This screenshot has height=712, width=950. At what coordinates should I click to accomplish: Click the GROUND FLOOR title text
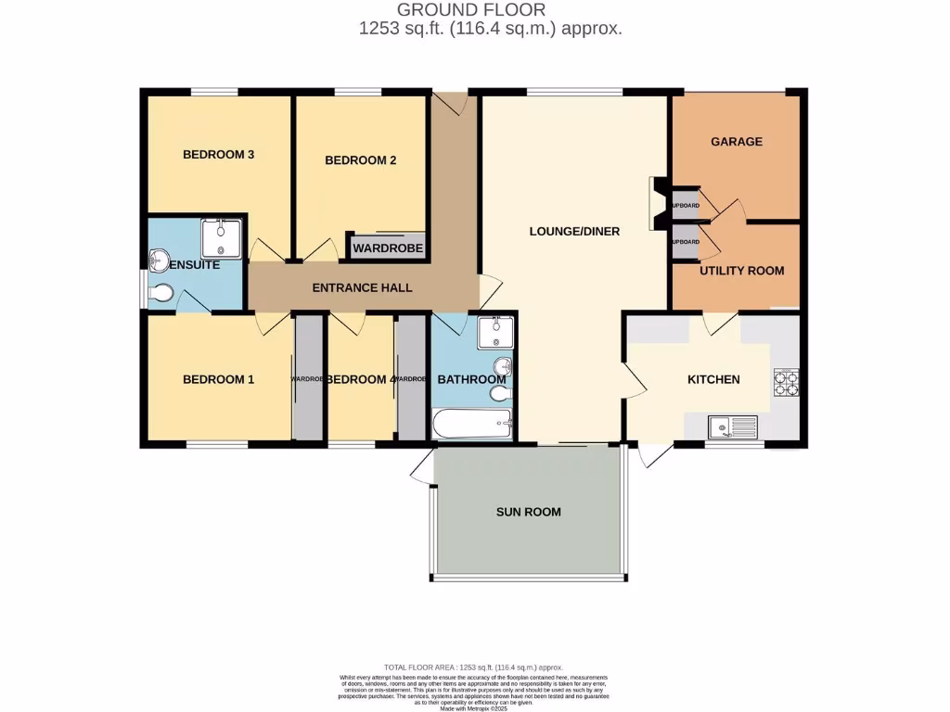coord(471,10)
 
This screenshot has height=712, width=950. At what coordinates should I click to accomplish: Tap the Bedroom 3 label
coord(218,154)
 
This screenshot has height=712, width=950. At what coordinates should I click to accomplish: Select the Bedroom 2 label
coord(360,159)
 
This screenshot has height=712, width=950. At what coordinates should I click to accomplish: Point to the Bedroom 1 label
coord(218,379)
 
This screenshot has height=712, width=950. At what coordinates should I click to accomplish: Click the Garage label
coord(737,142)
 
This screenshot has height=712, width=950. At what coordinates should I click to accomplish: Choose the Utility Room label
coord(741,271)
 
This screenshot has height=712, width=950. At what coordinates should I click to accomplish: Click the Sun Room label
coord(528,512)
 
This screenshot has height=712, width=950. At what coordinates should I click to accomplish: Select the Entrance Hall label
coord(362,288)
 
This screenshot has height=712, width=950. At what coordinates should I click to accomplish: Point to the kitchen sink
coord(732,426)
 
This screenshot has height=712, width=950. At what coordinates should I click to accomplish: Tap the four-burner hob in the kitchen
coord(786,382)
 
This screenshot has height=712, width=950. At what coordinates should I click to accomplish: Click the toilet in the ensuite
coord(160,294)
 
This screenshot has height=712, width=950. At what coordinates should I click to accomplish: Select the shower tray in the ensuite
coord(221,238)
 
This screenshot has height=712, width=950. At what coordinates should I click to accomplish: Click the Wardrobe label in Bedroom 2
coord(387,248)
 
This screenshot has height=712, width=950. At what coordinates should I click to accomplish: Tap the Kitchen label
coord(713,379)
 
